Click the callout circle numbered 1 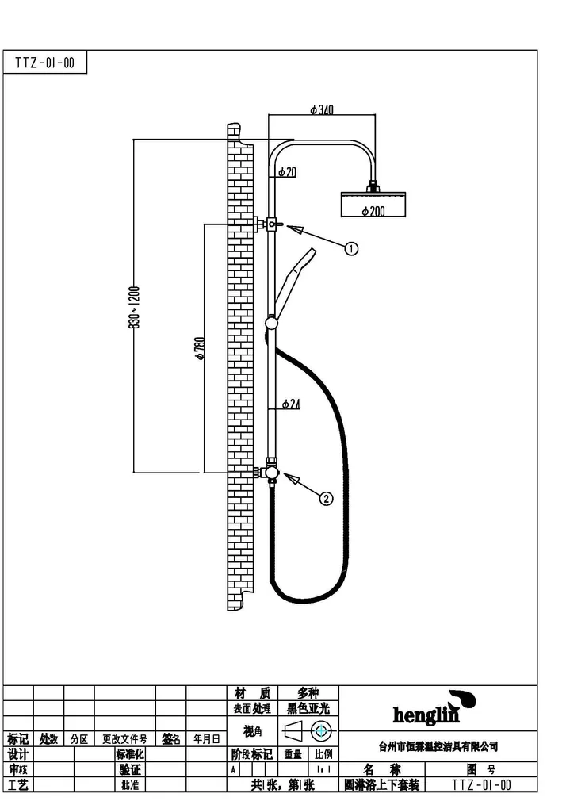(351, 248)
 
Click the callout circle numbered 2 (326, 498)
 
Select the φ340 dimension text (321, 109)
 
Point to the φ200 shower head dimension (373, 211)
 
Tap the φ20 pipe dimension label (287, 171)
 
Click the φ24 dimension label (291, 404)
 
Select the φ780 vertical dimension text (201, 349)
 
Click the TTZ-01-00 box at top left (45, 63)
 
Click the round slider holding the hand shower (272, 322)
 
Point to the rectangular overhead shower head (373, 204)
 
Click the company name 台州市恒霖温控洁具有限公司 (438, 746)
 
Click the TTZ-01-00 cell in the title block (482, 784)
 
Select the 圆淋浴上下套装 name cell (381, 784)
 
